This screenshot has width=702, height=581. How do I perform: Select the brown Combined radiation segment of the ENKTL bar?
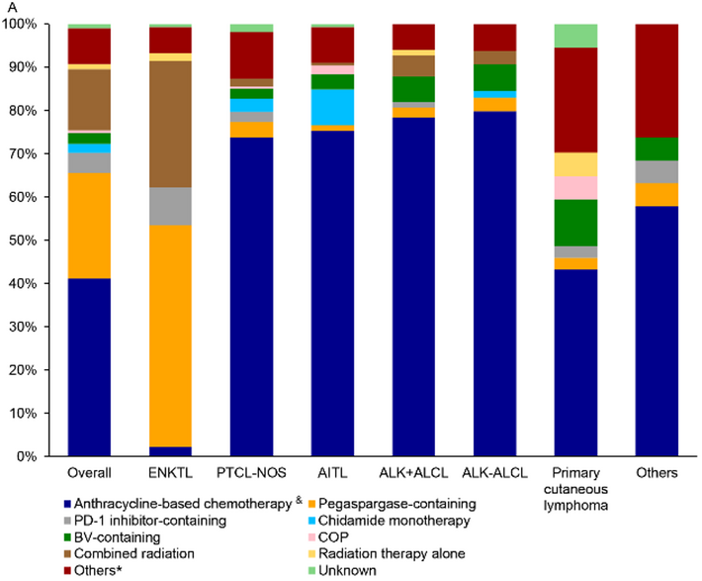click(170, 124)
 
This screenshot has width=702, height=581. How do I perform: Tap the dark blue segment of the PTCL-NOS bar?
click(251, 297)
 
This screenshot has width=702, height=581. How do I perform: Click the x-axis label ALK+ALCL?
click(413, 474)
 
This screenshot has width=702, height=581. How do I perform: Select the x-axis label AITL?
click(332, 474)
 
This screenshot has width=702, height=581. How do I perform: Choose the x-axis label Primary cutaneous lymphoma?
click(575, 488)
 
